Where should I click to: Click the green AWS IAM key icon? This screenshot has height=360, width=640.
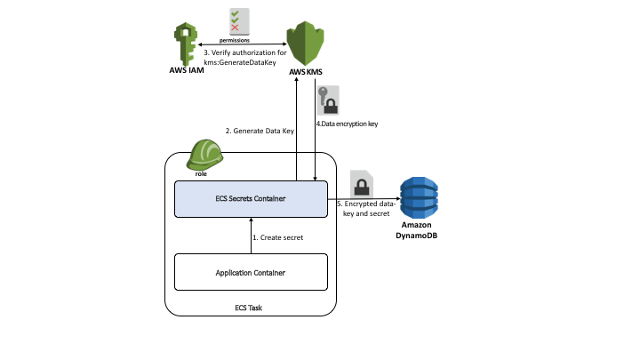[x=186, y=44]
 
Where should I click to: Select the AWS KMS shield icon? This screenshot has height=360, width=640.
[x=305, y=44]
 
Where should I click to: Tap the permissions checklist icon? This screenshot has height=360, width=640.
[x=239, y=21]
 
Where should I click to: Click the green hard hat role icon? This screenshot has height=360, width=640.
[x=204, y=155]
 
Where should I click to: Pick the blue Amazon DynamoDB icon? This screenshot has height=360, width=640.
[x=419, y=197]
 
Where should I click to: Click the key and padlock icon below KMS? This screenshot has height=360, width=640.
[x=328, y=100]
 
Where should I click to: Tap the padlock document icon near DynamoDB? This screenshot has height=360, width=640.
[x=362, y=185]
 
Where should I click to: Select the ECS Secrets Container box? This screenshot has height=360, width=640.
[x=251, y=199]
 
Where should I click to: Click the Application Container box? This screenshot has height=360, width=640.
[x=251, y=272]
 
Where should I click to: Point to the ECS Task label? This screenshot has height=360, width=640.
[x=248, y=308]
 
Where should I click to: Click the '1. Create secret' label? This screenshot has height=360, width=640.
[x=278, y=237]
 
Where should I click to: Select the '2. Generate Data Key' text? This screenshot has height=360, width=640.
[x=260, y=131]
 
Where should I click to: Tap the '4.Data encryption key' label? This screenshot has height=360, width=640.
[x=347, y=124]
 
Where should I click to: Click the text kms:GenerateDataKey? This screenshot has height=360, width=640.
[x=240, y=62]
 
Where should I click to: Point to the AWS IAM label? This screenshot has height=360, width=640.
[x=187, y=70]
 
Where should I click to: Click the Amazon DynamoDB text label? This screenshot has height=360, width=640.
[x=416, y=230]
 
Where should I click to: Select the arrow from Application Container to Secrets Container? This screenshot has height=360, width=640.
[x=251, y=236]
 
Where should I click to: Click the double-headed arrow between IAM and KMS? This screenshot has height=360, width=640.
[x=243, y=44]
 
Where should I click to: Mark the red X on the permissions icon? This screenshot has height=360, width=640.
[x=235, y=28]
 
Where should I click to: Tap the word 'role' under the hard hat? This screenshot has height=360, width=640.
[x=201, y=174]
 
